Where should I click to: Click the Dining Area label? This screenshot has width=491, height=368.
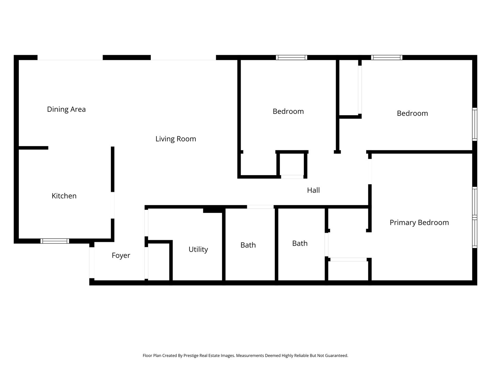(x=66, y=109)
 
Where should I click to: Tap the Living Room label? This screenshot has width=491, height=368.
(x=176, y=139)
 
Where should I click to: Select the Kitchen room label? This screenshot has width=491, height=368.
(x=64, y=196)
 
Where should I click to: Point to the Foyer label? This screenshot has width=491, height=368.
(x=121, y=256)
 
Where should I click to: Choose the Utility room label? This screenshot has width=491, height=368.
(x=198, y=249)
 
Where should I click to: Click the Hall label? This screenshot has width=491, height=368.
(x=313, y=190)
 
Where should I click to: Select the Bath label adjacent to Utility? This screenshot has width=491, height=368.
(x=248, y=245)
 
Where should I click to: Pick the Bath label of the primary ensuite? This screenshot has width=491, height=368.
(x=300, y=243)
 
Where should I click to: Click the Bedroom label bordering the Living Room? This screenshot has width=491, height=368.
(x=288, y=111)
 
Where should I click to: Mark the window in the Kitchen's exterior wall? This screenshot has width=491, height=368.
(x=55, y=241)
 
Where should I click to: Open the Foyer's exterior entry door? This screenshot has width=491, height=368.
(x=92, y=262)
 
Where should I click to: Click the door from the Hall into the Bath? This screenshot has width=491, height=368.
(x=260, y=207)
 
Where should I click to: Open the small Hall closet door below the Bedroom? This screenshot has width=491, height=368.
(x=292, y=177)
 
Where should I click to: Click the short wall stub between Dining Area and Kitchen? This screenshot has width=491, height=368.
(x=33, y=148)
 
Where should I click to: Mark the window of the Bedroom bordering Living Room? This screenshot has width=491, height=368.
(x=292, y=58)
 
